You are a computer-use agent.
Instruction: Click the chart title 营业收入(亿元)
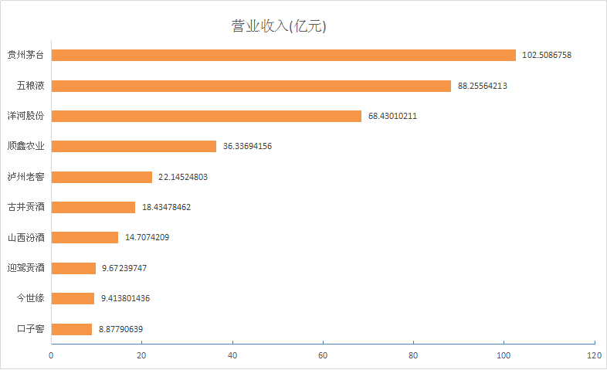tap(280, 26)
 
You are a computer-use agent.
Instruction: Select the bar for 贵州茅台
tap(283, 56)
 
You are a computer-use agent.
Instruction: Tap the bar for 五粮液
tap(251, 86)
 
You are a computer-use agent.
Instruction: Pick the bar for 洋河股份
tap(206, 116)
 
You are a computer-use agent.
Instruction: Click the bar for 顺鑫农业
tap(134, 146)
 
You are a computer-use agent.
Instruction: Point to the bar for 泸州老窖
tap(102, 177)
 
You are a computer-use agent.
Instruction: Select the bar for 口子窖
tap(72, 329)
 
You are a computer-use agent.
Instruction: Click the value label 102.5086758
tap(547, 56)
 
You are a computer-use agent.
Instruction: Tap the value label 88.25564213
tap(482, 86)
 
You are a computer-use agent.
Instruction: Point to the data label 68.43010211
tap(392, 116)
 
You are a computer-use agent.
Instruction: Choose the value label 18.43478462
tap(166, 207)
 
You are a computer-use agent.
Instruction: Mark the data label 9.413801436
tap(125, 298)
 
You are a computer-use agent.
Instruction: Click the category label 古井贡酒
tap(25, 207)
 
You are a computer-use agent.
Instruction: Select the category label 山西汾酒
tap(25, 238)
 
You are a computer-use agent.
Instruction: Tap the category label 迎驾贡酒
tap(25, 268)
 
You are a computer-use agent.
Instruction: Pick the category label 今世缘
tap(30, 298)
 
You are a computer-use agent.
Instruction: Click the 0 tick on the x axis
tap(51, 355)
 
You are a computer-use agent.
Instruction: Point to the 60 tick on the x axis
tap(323, 355)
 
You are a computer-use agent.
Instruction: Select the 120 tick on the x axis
tap(594, 355)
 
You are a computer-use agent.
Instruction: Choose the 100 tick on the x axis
tap(504, 355)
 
